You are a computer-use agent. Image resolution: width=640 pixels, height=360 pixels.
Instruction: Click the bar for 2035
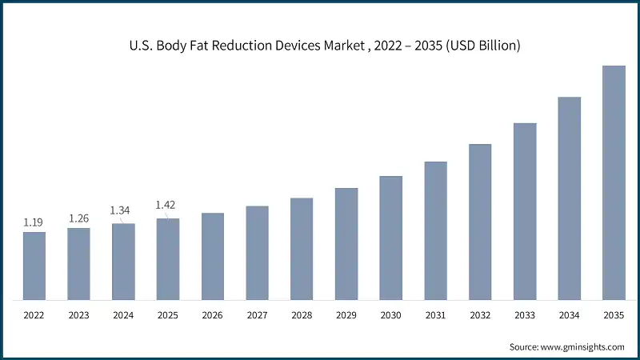click(614, 183)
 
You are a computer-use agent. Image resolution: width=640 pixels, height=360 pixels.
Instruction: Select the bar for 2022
click(34, 266)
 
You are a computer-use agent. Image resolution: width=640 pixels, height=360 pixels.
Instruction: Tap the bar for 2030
click(390, 238)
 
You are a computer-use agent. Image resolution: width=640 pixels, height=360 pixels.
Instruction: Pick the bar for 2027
click(257, 253)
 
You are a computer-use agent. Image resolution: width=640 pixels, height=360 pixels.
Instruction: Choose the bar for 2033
click(525, 212)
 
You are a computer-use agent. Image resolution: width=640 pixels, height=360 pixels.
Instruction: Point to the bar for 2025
click(168, 259)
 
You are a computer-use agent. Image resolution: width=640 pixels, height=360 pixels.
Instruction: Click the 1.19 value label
click(34, 222)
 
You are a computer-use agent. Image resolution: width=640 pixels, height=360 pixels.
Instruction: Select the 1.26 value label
click(78, 218)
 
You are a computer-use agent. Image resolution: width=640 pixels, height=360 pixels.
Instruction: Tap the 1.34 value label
click(120, 210)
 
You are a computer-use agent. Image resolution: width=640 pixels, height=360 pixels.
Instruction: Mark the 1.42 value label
click(165, 205)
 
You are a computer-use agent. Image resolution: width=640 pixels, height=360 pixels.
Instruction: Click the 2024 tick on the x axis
click(123, 316)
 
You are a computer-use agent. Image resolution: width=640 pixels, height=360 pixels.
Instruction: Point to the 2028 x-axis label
click(302, 316)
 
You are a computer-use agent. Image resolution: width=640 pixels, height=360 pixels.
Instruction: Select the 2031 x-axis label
click(435, 316)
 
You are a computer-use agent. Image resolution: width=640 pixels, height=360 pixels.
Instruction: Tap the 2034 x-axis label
click(569, 316)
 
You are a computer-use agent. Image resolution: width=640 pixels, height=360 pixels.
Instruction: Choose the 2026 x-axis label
click(212, 316)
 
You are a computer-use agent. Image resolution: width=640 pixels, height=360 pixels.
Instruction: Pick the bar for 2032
click(480, 222)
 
